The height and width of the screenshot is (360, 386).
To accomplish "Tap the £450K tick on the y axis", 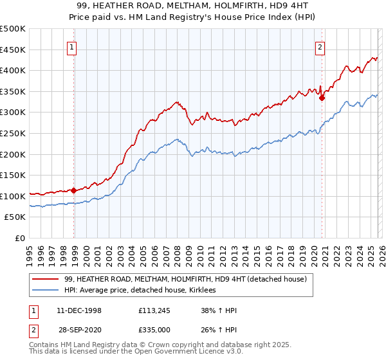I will click(x=13, y=50).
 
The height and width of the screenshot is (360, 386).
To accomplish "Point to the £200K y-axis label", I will click(x=13, y=154).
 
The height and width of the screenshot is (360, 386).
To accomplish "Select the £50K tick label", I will click(x=15, y=217).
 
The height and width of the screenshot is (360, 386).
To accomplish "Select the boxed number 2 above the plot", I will click(x=320, y=46).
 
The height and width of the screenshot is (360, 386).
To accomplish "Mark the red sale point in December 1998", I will click(x=74, y=190).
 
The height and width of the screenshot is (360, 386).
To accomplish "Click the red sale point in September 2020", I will click(x=322, y=98).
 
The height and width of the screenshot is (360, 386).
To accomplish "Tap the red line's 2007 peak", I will click(x=176, y=102).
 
